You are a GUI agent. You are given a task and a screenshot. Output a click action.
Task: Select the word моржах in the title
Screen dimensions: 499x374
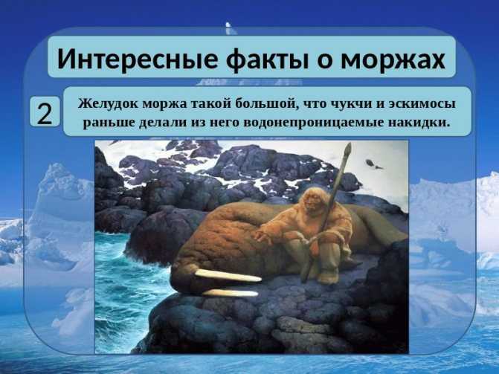point(393,60)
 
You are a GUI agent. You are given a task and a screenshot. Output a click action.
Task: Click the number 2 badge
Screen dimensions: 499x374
point(45,112)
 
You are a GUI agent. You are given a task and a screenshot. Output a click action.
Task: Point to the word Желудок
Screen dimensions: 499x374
point(108,104)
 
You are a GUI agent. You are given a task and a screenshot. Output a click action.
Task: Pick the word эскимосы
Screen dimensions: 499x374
point(422,104)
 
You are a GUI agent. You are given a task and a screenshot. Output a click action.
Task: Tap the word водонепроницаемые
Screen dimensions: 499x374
point(314,122)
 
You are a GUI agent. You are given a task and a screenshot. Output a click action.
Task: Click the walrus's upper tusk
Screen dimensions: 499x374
point(228,275)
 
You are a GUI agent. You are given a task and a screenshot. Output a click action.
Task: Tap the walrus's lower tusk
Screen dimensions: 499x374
point(230,293)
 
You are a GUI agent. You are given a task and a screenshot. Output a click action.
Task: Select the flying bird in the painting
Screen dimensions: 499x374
point(373,164)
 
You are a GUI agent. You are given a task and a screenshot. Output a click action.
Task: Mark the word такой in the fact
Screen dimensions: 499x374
point(210,104)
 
